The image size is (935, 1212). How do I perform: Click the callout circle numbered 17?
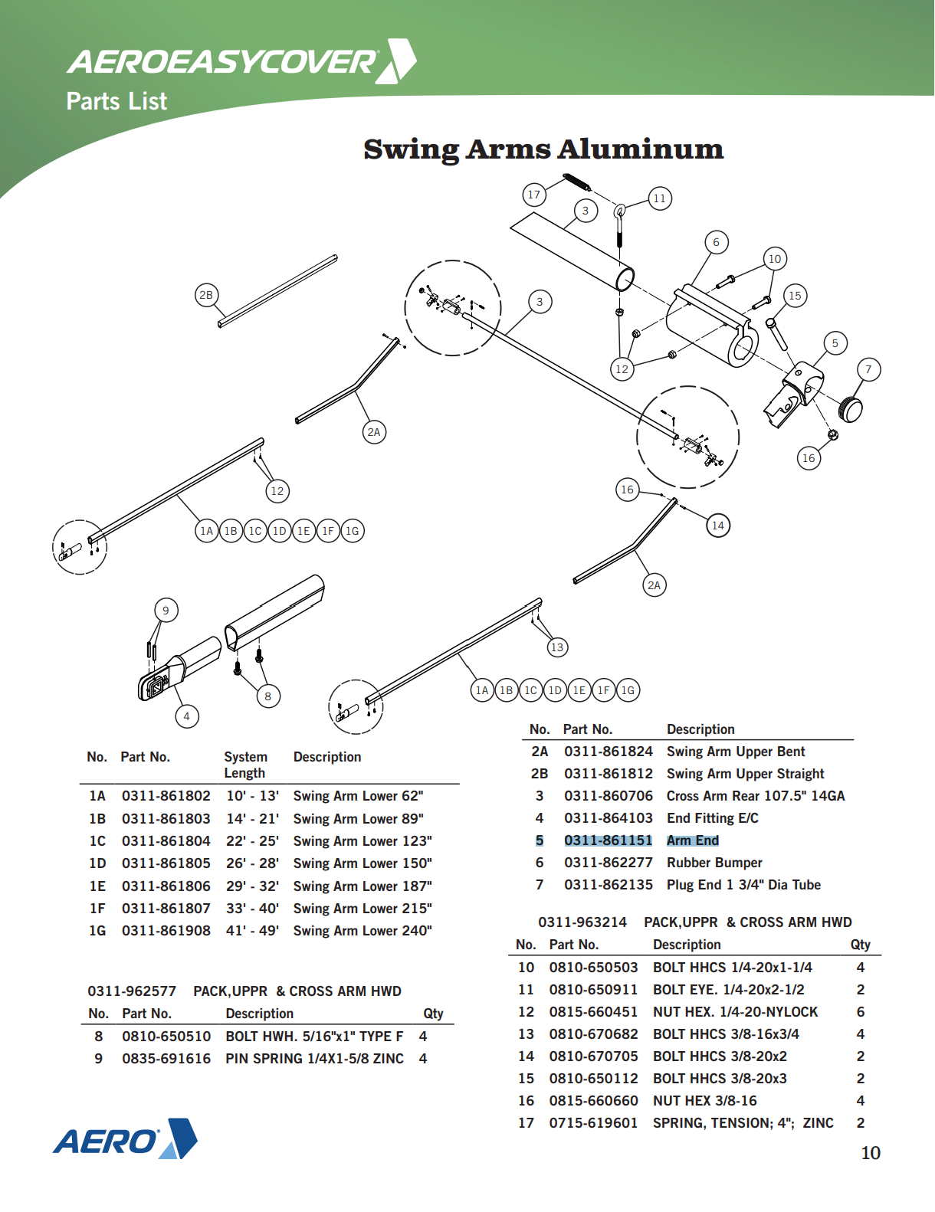[x=534, y=195]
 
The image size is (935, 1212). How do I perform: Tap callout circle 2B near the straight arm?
[x=206, y=295]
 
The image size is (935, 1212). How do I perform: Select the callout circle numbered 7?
[x=868, y=369]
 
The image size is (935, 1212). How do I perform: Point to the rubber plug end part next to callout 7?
[x=851, y=408]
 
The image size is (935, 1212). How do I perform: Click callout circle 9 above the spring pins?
[x=166, y=611]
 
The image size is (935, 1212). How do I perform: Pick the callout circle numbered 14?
[x=717, y=526]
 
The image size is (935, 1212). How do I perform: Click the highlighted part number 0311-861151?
[x=608, y=840]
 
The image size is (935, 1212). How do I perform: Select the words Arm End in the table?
[x=692, y=840]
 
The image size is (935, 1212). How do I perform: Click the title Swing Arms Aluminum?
[x=543, y=149]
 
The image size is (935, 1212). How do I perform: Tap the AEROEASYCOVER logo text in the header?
[x=222, y=62]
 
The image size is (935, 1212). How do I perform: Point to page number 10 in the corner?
[x=871, y=1153]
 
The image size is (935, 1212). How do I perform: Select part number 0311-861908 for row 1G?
[x=166, y=931]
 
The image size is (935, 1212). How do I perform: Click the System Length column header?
[x=245, y=765]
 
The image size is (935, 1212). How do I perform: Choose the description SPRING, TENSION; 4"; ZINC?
[x=743, y=1123]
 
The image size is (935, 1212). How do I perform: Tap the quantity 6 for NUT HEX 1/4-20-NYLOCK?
[x=860, y=1012]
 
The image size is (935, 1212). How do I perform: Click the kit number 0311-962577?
[x=132, y=991]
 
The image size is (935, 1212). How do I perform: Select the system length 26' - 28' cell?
[x=252, y=863]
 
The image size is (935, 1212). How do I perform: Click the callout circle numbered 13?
[x=557, y=647]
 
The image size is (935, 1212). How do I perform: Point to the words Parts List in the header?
[x=116, y=101]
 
